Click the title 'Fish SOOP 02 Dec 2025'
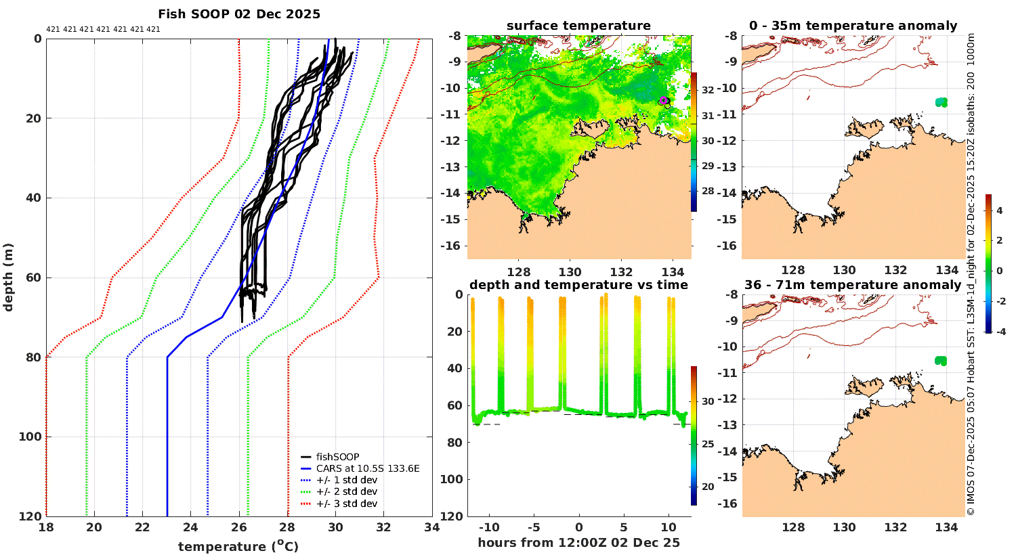239,14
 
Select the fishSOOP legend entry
337,457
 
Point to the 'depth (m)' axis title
8,277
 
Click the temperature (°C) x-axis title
238,546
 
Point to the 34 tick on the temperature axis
432,528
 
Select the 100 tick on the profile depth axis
30,437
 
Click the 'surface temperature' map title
578,26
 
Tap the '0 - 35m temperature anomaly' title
853,26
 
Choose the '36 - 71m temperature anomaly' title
853,285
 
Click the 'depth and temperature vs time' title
578,285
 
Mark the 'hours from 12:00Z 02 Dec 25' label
578,543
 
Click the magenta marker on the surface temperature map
664,100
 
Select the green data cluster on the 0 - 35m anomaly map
941,102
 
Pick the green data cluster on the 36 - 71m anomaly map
940,361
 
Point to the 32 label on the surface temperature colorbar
707,90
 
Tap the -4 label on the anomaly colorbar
999,332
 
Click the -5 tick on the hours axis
533,528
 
